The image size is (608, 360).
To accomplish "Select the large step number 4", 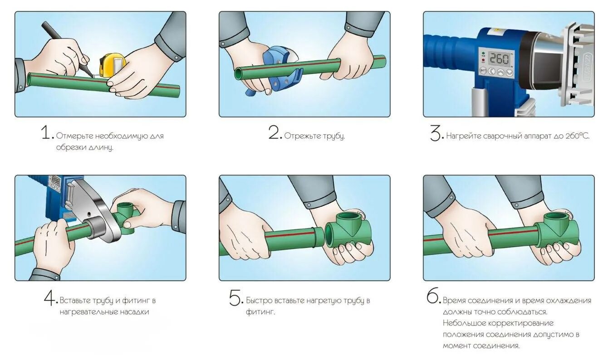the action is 51,297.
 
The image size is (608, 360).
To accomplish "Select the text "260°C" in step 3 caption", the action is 577,136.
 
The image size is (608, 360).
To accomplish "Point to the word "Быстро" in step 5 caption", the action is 259,301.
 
